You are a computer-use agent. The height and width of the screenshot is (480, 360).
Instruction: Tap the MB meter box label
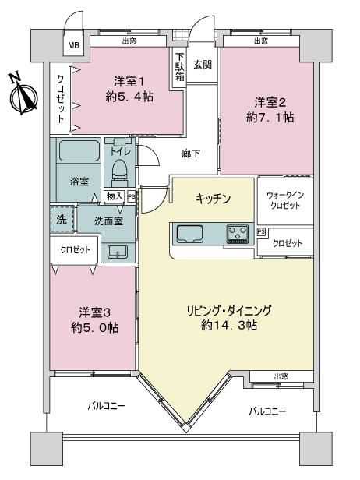[73, 45]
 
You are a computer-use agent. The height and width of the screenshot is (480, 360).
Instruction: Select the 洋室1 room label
[129, 82]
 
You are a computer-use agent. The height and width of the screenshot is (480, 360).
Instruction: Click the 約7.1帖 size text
[270, 117]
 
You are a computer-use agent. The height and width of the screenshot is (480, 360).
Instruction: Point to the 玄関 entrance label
[202, 64]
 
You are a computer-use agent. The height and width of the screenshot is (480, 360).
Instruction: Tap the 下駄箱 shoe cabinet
[180, 67]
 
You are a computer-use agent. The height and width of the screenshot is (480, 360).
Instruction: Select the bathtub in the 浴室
[79, 150]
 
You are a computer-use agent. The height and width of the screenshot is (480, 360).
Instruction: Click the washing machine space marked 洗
[62, 219]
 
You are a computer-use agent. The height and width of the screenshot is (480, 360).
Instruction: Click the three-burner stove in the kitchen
[237, 234]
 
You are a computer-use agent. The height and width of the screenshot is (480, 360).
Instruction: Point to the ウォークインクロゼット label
[285, 200]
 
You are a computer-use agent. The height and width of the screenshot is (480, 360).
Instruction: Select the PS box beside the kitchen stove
[261, 231]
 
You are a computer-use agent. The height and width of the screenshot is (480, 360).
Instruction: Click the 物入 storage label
[115, 196]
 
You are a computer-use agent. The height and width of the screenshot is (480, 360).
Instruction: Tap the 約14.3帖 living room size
[229, 325]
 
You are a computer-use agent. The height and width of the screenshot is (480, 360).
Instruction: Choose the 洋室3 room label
[94, 312]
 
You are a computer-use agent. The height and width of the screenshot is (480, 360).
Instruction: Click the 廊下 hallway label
[191, 154]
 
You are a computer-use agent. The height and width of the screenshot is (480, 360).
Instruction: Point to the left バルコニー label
[106, 406]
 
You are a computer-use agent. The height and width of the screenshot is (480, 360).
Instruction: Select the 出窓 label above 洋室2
[261, 41]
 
